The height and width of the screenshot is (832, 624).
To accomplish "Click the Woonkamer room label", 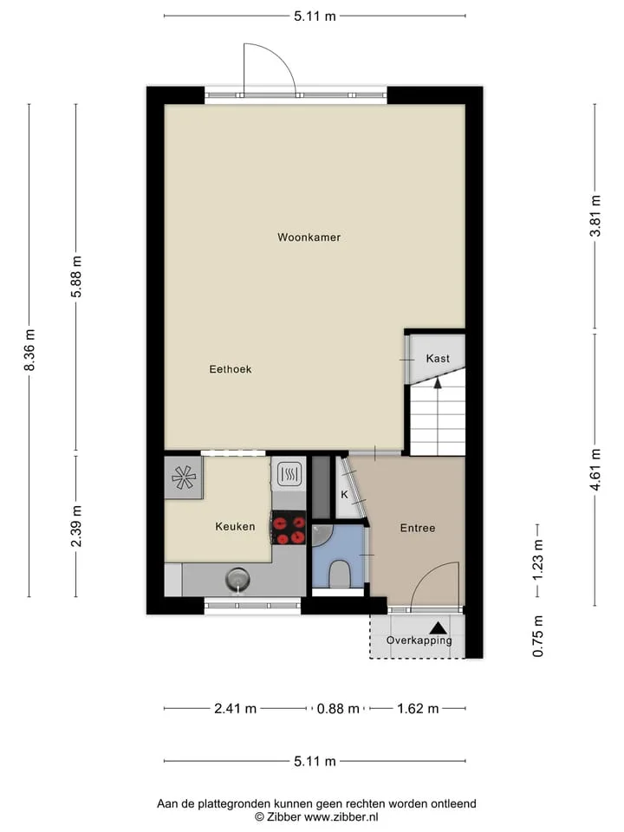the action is (309, 237).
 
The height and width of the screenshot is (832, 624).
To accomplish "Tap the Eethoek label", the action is (231, 369).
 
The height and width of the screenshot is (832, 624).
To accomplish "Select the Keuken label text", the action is (235, 526).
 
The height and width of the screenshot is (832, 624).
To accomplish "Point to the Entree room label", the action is (418, 528).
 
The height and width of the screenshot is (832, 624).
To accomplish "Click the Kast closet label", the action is (438, 359).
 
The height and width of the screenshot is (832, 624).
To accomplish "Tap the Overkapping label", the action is (419, 640).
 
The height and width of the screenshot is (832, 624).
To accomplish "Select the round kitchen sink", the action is (237, 580).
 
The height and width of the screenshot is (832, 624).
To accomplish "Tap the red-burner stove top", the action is (289, 528).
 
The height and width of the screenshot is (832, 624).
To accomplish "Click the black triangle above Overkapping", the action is (439, 628).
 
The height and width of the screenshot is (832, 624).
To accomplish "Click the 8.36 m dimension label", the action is (29, 350).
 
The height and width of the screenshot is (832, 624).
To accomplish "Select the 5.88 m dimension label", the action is (76, 276).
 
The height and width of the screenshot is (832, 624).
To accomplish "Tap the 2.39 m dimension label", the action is (76, 526).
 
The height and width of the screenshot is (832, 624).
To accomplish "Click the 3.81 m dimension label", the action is (596, 216).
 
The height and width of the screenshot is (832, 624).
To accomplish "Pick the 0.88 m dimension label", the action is (338, 709).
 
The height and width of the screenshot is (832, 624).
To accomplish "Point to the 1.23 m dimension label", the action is (538, 560).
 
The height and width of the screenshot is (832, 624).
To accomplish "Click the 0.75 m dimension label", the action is (538, 636).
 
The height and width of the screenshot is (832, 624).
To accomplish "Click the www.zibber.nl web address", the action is (341, 817).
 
